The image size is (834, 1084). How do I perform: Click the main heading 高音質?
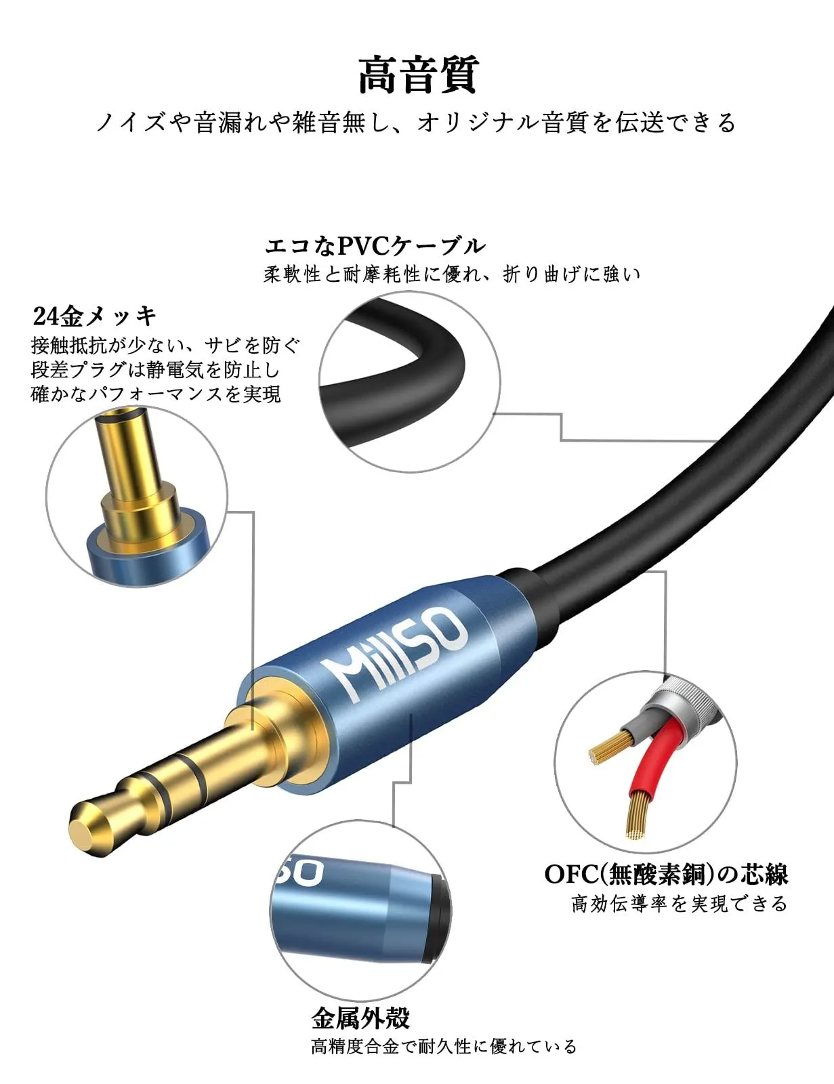coord(418,75)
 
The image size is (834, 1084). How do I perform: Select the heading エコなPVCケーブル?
coord(375,245)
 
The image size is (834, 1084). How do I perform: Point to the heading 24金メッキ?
coord(94,315)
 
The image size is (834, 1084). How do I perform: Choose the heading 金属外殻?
coord(360,1018)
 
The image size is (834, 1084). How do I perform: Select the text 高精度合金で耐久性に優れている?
coord(444,1047)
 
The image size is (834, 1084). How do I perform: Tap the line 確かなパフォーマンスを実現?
coord(156,394)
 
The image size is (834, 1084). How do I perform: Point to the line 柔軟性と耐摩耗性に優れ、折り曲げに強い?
coord(452,274)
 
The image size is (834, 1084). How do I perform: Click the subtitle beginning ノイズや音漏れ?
coord(416,123)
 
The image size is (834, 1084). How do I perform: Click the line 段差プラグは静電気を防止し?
coord(155,370)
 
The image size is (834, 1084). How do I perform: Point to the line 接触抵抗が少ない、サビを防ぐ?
coord(165,346)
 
